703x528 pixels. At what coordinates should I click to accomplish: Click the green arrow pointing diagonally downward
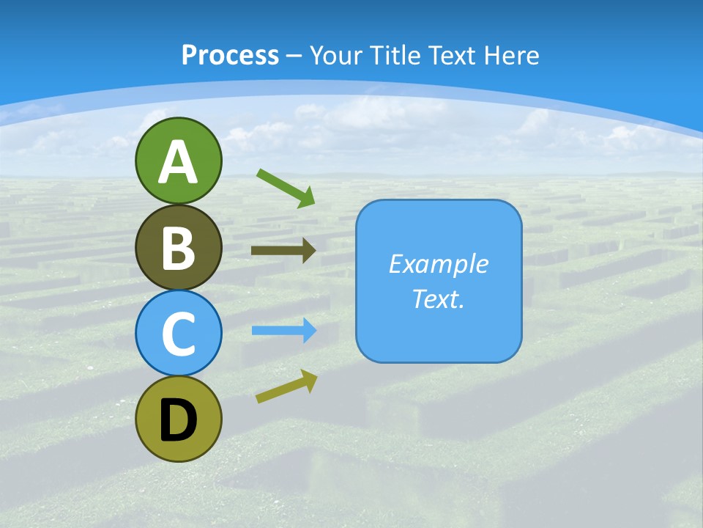(286, 188)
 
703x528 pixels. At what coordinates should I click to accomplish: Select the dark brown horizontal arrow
(283, 250)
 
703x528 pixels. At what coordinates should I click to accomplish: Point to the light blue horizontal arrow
(284, 331)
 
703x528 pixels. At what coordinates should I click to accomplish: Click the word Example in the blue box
(438, 264)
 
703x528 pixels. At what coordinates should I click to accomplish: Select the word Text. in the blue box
(438, 298)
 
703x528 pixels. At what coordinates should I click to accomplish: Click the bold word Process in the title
(230, 55)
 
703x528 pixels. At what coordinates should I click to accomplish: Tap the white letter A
(178, 162)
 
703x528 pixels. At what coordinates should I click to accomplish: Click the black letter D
(178, 421)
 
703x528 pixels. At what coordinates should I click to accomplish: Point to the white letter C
(178, 334)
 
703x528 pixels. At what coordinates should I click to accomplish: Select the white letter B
(178, 248)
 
